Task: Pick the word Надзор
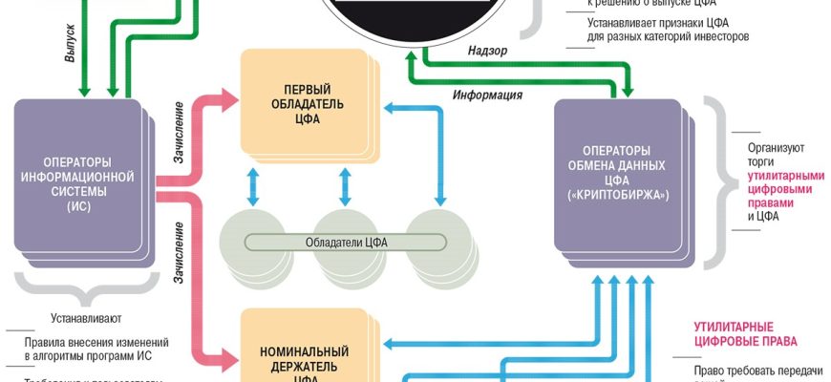point(488,49)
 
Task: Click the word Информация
point(486,95)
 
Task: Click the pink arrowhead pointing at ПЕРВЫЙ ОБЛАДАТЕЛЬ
point(229,95)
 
